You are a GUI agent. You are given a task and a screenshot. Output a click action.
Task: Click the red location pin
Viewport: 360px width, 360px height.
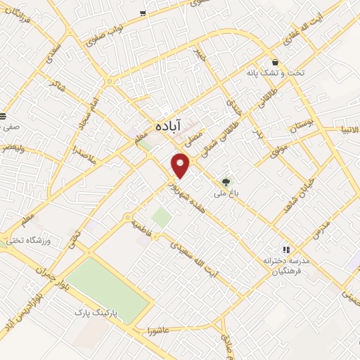[x=181, y=166]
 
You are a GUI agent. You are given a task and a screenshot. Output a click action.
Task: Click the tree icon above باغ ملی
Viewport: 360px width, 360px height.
[x=226, y=181]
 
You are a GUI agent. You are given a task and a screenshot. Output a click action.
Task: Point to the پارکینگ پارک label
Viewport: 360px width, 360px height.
[x=104, y=310]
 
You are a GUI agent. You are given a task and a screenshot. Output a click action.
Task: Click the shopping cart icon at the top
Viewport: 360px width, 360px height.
[x=143, y=13]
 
